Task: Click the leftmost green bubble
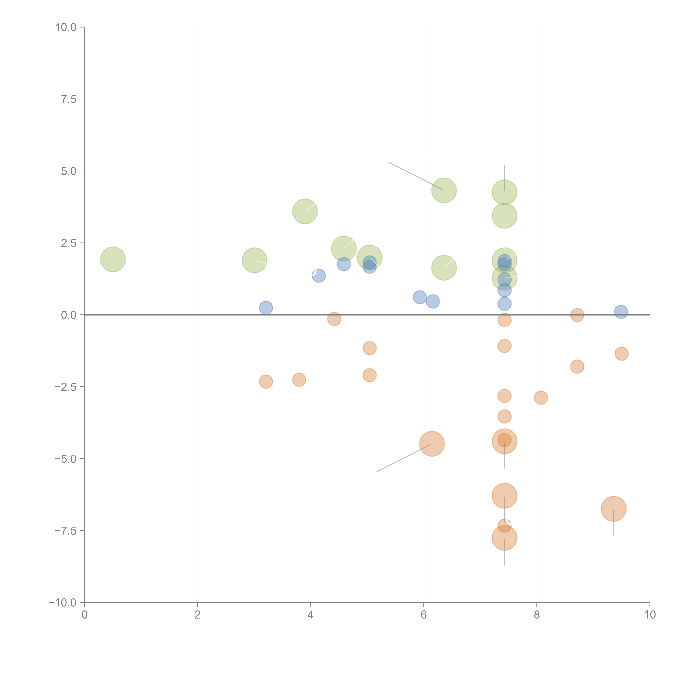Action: pyautogui.click(x=113, y=259)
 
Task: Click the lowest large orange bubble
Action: pyautogui.click(x=504, y=538)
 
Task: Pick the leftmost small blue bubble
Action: pyautogui.click(x=266, y=308)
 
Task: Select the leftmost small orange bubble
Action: pyautogui.click(x=266, y=382)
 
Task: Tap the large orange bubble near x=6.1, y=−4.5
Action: pyautogui.click(x=432, y=444)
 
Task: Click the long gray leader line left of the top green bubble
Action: pyautogui.click(x=416, y=176)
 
